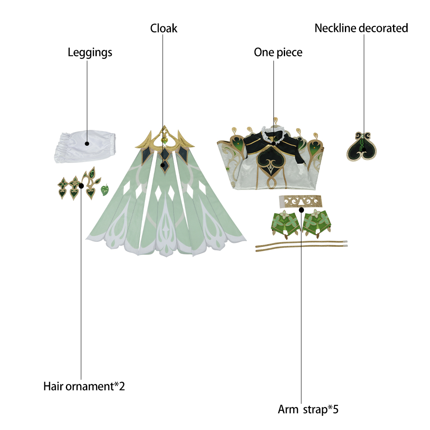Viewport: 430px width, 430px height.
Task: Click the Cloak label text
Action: pos(164,28)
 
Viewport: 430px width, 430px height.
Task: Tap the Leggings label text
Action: pos(90,52)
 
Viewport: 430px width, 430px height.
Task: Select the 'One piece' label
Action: pos(278,52)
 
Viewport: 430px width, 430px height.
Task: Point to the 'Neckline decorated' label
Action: pos(361,28)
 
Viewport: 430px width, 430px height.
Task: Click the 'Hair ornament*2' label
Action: pos(84,386)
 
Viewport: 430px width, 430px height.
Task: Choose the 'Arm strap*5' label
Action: pos(308,409)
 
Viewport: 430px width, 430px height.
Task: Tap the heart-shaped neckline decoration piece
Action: pos(362,147)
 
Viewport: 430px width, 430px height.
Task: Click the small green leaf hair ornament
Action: pos(105,190)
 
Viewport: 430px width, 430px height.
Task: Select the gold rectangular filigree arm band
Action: pos(300,202)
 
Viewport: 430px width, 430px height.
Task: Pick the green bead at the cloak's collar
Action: pos(164,141)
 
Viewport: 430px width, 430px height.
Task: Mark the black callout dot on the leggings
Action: pos(87,144)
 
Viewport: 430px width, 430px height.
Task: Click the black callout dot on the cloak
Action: pos(163,165)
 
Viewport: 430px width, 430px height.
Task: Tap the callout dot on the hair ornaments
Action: pos(81,186)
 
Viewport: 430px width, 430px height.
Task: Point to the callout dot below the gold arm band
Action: pos(301,210)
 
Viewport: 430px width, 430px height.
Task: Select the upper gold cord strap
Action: pos(301,244)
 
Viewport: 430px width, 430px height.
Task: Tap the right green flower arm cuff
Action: pos(317,223)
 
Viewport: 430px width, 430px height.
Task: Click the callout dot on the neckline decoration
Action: pos(364,150)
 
